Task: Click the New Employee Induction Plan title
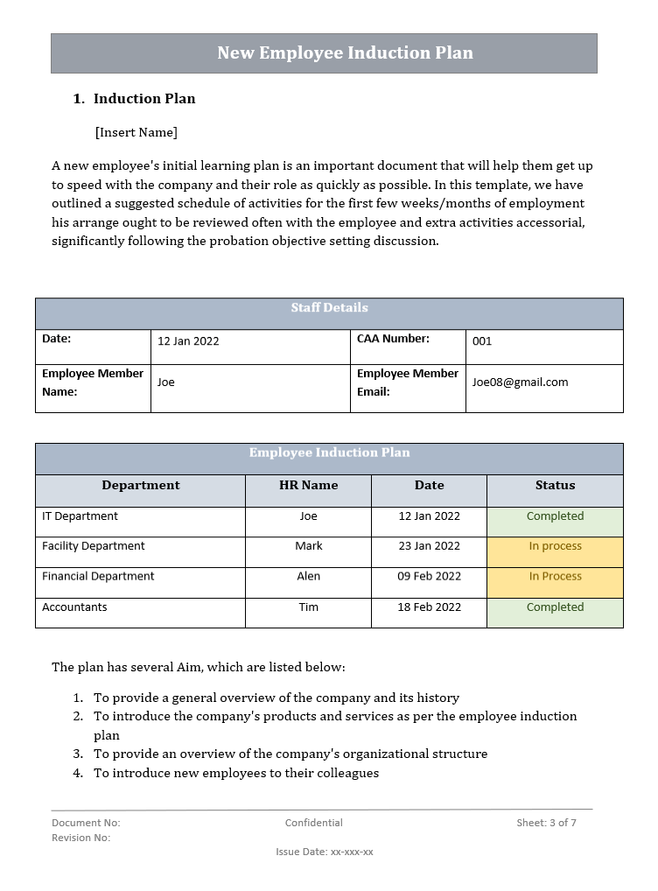tap(345, 53)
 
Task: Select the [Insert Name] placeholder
tap(136, 132)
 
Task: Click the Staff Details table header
tap(329, 308)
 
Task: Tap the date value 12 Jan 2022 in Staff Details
tap(188, 341)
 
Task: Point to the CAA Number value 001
tap(482, 341)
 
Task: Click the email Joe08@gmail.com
tap(520, 382)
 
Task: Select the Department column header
tap(140, 486)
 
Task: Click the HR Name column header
tap(308, 486)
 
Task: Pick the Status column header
tap(555, 486)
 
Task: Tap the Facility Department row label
tap(94, 546)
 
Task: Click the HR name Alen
tap(308, 577)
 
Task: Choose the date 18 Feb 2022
tap(429, 607)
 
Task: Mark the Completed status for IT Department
tap(555, 516)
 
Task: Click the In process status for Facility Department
tap(555, 546)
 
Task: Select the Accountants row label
tap(74, 607)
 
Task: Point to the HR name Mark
tap(308, 546)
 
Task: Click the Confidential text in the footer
tap(313, 823)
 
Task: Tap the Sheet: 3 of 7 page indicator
tap(546, 823)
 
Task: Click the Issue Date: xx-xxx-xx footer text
tap(324, 852)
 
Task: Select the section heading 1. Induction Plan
tap(135, 99)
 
